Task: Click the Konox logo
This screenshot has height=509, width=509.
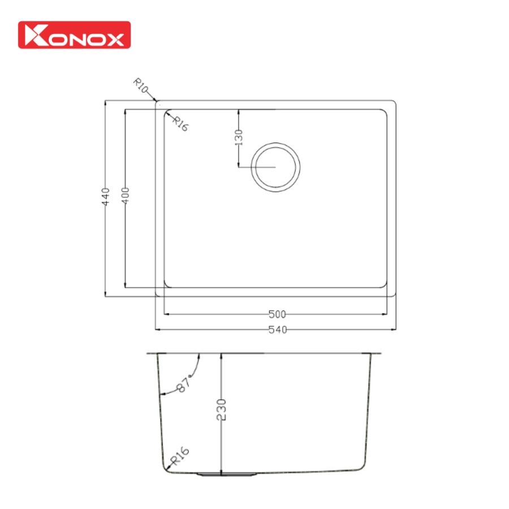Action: point(75,34)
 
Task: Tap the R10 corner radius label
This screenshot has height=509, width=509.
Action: point(141,86)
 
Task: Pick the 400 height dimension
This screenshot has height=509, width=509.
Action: point(126,196)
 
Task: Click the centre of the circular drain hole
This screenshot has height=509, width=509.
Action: point(275,167)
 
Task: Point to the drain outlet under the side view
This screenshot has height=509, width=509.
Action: point(221,474)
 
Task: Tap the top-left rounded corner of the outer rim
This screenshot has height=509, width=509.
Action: point(158,103)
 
